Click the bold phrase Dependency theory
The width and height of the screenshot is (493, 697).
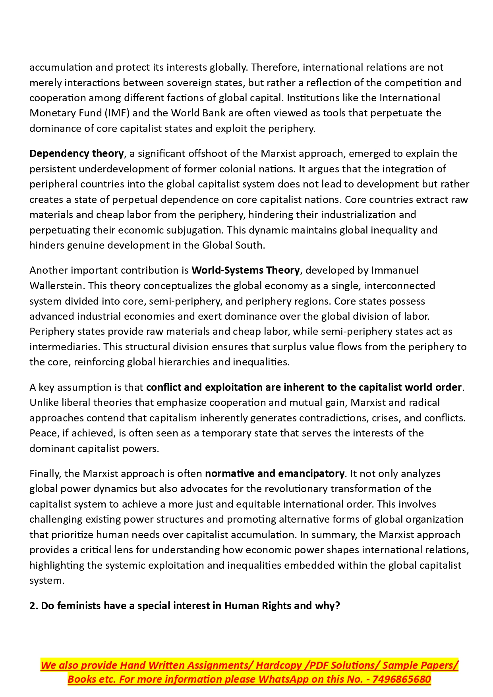point(77,154)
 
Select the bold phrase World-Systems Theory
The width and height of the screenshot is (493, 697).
point(246,270)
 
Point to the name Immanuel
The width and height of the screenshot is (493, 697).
point(395,270)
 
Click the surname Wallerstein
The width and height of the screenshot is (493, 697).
point(56,286)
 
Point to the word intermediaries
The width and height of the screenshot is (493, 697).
point(64,347)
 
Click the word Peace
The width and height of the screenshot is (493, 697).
point(43,433)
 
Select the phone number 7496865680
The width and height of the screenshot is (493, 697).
point(402,680)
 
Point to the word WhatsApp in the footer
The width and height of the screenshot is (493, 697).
point(283,680)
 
